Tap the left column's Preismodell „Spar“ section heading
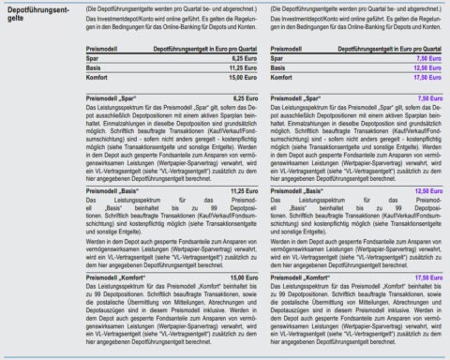(x=111, y=97)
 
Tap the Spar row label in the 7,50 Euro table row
(x=277, y=59)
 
